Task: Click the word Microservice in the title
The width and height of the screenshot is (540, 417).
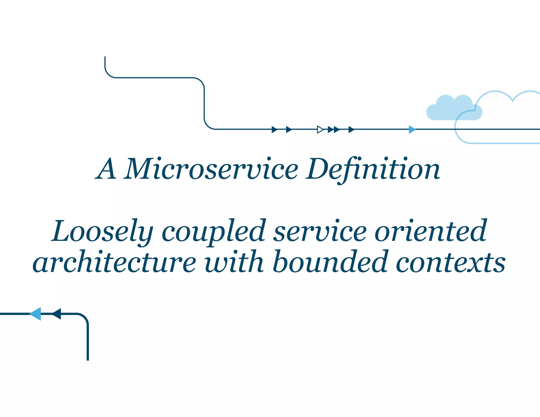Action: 212,169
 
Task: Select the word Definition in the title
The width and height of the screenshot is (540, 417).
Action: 373,169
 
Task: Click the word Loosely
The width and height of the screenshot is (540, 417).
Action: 102,231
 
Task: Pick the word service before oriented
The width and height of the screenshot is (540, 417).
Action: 320,231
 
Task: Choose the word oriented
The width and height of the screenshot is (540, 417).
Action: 430,231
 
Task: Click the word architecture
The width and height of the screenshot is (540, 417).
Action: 114,262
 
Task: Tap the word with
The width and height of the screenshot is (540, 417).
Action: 234,262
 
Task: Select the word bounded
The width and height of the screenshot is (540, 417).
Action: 330,262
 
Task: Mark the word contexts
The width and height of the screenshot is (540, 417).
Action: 451,262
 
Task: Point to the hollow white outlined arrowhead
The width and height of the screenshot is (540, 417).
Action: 320,129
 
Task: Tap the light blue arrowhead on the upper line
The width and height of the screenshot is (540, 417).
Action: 412,129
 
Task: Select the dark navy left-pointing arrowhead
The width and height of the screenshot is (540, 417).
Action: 57,314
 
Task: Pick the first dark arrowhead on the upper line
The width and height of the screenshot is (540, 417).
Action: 274,129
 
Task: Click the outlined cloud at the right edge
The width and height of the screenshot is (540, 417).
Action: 501,116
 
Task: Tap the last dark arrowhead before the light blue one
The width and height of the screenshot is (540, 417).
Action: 351,129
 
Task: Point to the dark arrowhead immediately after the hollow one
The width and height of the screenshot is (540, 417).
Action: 330,129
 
